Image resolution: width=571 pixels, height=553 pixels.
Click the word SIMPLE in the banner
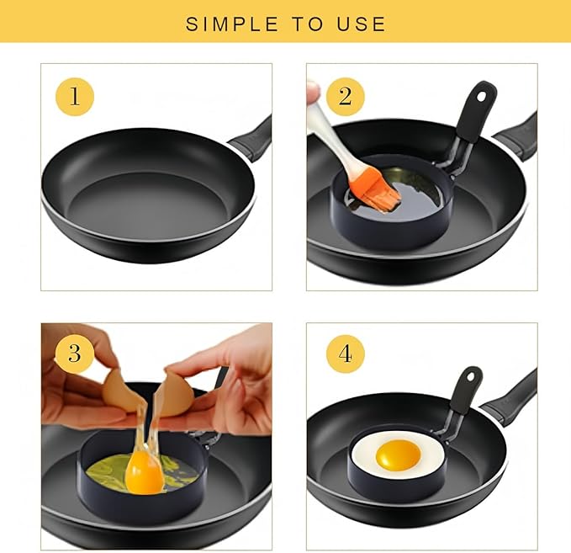(x=232, y=24)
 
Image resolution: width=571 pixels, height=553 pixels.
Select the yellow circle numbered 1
(x=75, y=97)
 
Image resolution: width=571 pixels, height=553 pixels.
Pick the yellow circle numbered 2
(x=346, y=97)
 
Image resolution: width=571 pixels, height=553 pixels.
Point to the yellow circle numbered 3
(x=75, y=353)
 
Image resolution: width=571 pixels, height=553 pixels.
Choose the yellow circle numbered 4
(x=346, y=354)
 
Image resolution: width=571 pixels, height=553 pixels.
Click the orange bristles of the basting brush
(x=376, y=191)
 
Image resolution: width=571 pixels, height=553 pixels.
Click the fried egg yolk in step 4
(x=399, y=455)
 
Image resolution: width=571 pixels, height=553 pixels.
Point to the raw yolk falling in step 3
(x=145, y=473)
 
